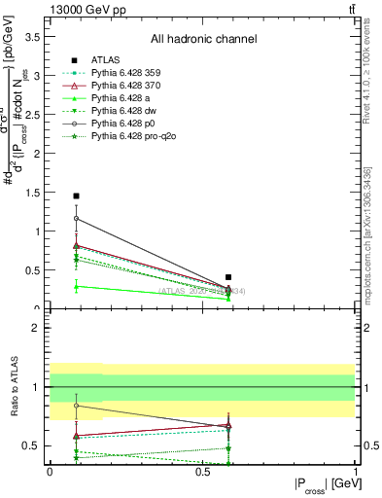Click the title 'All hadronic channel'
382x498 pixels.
click(203, 40)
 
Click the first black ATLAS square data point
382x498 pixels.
click(76, 196)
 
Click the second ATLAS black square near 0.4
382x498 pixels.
click(228, 277)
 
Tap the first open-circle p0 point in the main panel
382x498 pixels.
click(76, 218)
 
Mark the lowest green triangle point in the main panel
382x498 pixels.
click(76, 286)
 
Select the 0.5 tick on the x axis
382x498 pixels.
click(202, 471)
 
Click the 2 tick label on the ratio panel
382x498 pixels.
click(40, 329)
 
